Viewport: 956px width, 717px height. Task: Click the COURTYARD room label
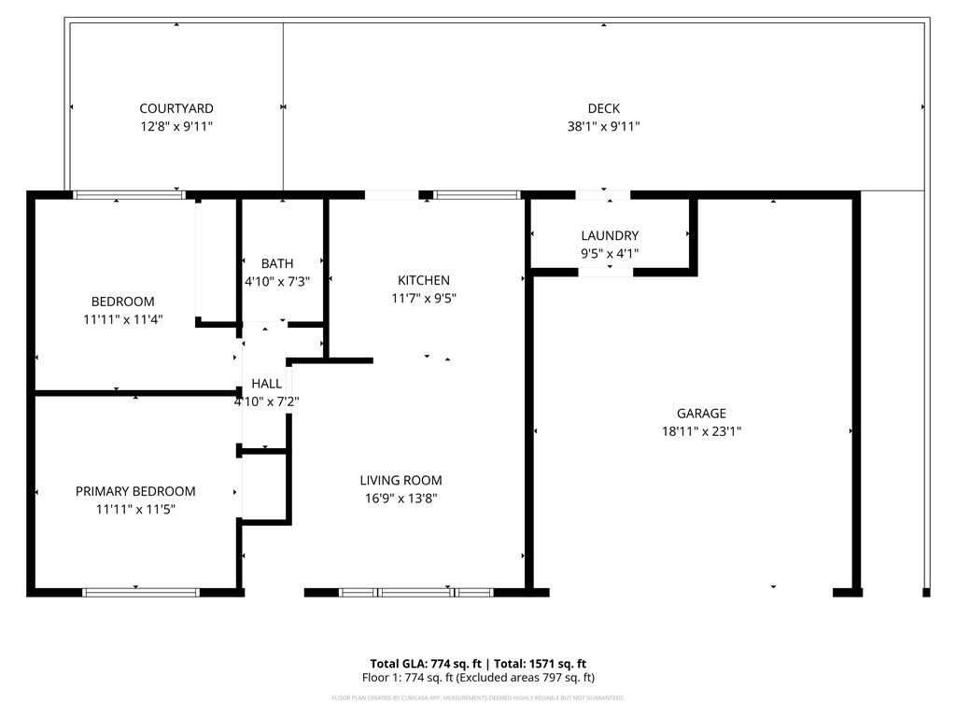[x=176, y=109]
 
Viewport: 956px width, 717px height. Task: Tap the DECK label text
[x=603, y=109]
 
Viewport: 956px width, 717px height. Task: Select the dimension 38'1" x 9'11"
[x=603, y=127]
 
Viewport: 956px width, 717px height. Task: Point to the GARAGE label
[x=701, y=414]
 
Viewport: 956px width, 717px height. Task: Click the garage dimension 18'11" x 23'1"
[x=701, y=431]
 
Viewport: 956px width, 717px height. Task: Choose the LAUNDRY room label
[x=610, y=236]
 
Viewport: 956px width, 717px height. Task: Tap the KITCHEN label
[x=424, y=280]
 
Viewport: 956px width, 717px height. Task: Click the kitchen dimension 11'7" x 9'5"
[x=424, y=298]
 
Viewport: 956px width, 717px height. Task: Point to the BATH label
[x=277, y=264]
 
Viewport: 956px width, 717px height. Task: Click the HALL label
[x=266, y=384]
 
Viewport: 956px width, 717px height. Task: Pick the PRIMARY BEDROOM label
[x=135, y=491]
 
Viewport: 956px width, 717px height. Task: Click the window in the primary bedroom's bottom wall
[x=141, y=592]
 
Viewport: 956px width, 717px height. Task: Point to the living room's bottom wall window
[x=416, y=592]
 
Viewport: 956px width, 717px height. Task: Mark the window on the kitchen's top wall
[x=476, y=195]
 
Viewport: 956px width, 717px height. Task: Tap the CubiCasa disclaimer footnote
[x=478, y=698]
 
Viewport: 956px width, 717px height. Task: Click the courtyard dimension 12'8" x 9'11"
[x=176, y=127]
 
